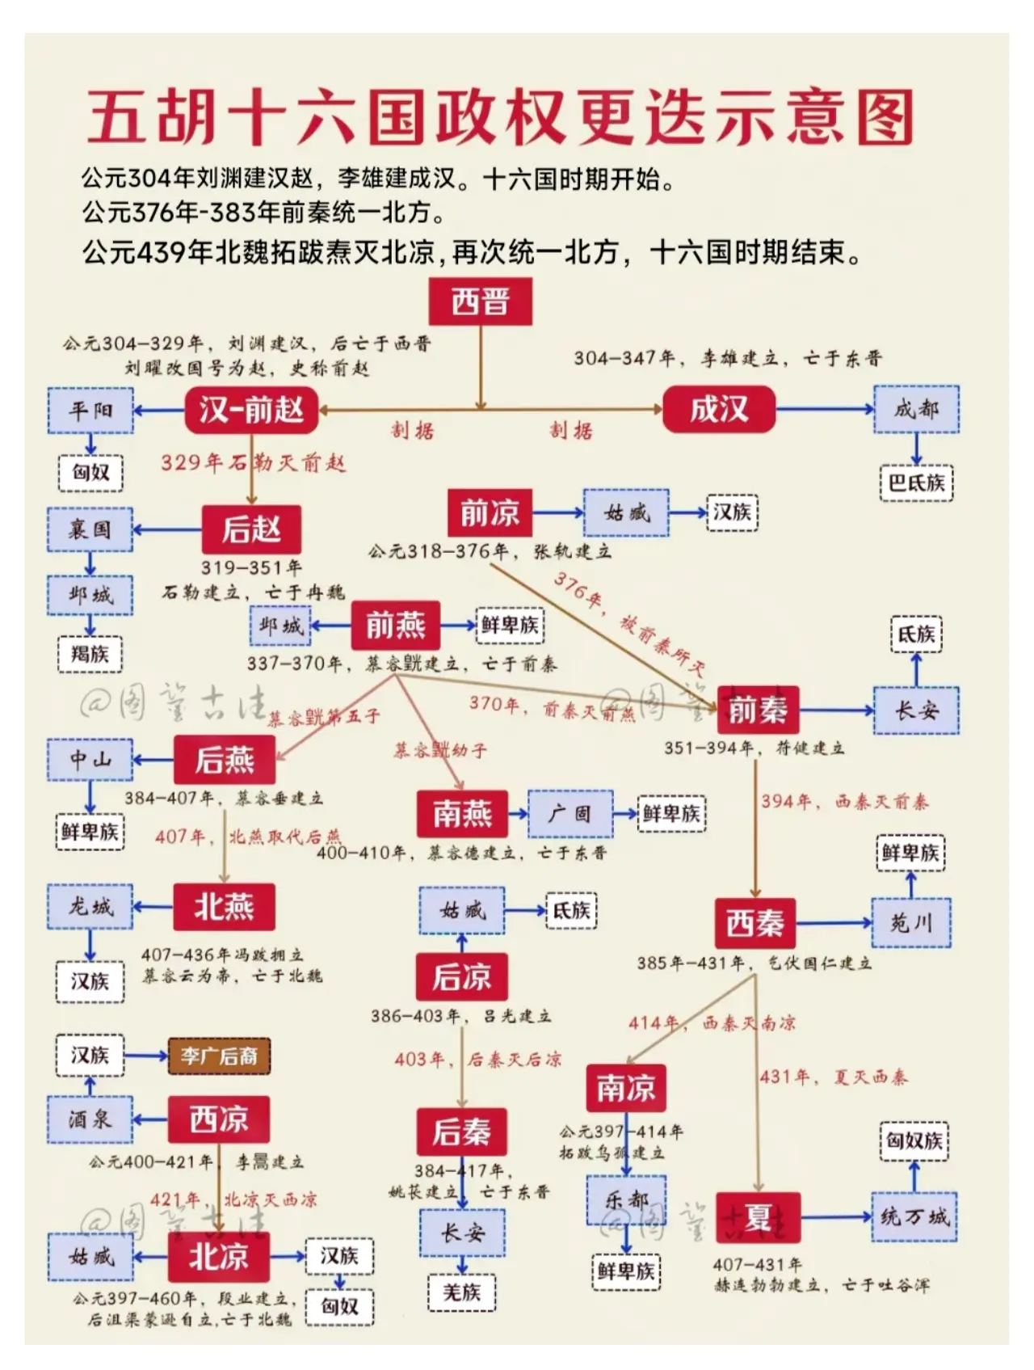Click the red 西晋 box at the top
point(480,302)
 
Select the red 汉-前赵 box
point(251,410)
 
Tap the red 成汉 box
point(718,409)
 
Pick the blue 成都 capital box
point(916,409)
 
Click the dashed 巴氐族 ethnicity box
point(916,483)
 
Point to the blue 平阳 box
point(90,410)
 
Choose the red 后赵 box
point(251,529)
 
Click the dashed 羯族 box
point(90,653)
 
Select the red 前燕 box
point(395,625)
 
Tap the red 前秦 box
point(757,710)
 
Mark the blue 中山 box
point(90,759)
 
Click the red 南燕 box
point(462,813)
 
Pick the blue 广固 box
point(570,813)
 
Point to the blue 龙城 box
point(90,907)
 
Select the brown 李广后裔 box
point(219,1056)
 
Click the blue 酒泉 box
point(90,1119)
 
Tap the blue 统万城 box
point(914,1216)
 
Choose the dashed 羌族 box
point(461,1292)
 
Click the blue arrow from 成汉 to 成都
point(824,409)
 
